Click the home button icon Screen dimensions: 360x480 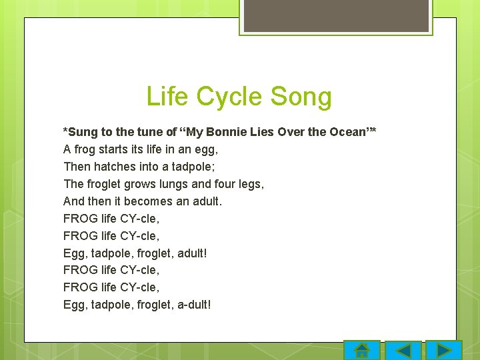362,351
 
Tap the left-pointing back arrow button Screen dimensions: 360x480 403,351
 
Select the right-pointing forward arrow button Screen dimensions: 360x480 443,351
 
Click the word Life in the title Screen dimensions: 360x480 167,97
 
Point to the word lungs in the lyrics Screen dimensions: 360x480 177,184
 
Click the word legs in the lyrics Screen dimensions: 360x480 251,184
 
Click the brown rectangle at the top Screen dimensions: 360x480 336,15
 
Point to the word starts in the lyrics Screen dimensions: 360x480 117,149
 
